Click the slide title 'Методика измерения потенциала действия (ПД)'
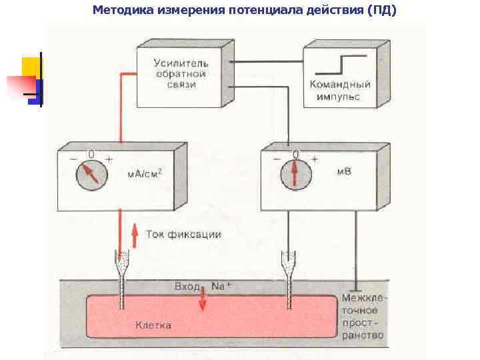pyautogui.click(x=245, y=10)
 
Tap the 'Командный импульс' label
pyautogui.click(x=340, y=91)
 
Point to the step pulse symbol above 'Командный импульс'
pyautogui.click(x=340, y=64)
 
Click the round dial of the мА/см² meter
pyautogui.click(x=91, y=175)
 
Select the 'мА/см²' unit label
pyautogui.click(x=144, y=174)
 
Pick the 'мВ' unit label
pyautogui.click(x=344, y=171)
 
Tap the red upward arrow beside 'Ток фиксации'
pyautogui.click(x=134, y=235)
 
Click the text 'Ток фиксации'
pyautogui.click(x=183, y=235)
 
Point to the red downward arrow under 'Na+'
pyautogui.click(x=202, y=301)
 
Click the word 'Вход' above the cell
pyautogui.click(x=187, y=286)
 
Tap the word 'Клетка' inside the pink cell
pyautogui.click(x=153, y=325)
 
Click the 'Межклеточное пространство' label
pyautogui.click(x=363, y=316)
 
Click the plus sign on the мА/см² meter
pyautogui.click(x=109, y=160)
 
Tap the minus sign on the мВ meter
pyautogui.click(x=277, y=159)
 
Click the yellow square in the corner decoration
pyautogui.click(x=29, y=67)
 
